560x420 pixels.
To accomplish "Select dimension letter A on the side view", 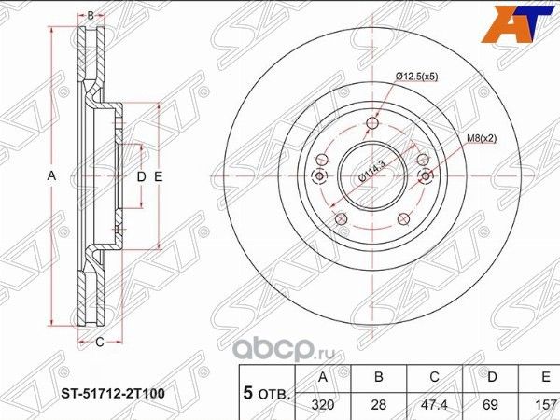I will pyautogui.click(x=53, y=176).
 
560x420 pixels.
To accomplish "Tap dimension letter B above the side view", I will pyautogui.click(x=91, y=16).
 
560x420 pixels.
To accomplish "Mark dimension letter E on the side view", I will pyautogui.click(x=160, y=176).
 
